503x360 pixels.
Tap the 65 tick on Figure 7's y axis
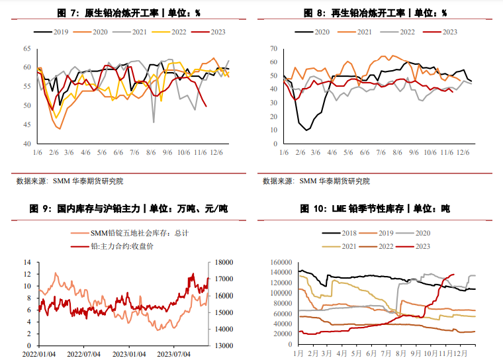(27, 48)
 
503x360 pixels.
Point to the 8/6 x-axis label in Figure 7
(151, 152)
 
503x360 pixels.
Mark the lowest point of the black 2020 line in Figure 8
(306, 130)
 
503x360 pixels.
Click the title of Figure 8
(375, 13)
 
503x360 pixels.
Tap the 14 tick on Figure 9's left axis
(28, 262)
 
